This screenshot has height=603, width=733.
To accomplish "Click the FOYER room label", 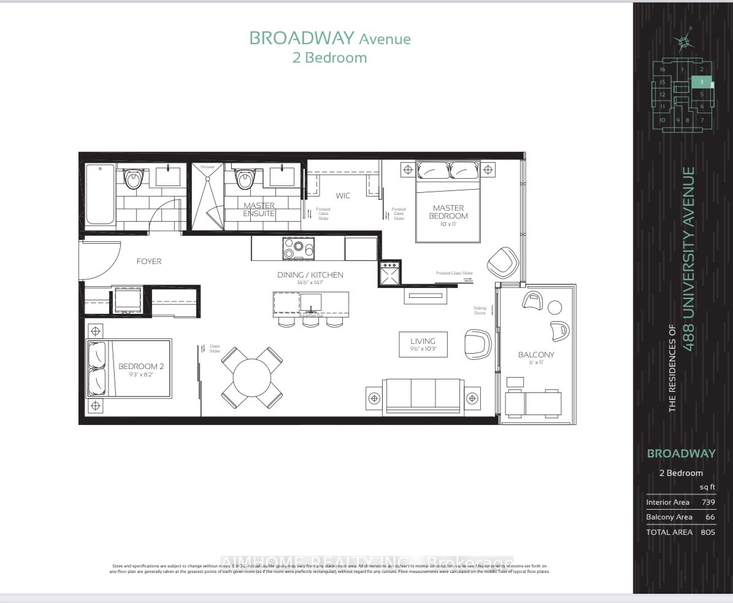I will click(x=149, y=262).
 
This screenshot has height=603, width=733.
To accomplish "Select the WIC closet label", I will click(x=342, y=196).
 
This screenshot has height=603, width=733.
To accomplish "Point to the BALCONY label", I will click(x=535, y=354).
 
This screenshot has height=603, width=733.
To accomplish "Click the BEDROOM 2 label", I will click(x=141, y=366).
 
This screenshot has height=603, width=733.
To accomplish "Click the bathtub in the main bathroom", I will click(x=99, y=194).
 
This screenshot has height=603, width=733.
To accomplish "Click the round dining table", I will click(x=251, y=377).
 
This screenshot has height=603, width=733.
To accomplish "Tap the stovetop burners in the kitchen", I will click(x=298, y=249).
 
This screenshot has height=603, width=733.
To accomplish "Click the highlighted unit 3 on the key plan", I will click(x=701, y=82).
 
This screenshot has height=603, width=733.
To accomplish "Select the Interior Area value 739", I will click(x=708, y=502).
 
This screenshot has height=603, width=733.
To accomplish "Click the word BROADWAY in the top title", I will click(x=302, y=38).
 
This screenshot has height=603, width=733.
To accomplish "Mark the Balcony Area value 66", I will click(x=710, y=517).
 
